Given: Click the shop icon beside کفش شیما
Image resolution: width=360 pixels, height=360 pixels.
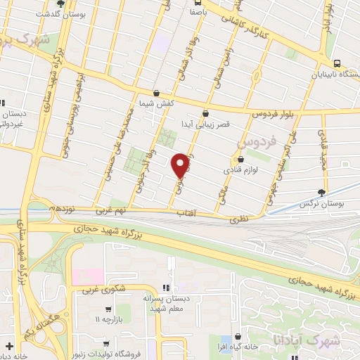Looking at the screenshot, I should point(156,93).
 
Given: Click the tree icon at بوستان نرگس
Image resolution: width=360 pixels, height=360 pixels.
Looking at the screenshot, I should point(322,191).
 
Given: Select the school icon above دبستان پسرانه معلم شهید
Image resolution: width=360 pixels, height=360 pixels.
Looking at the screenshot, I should point(167,287).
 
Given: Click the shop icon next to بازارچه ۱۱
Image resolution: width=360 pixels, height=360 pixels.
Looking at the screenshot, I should point(108,309).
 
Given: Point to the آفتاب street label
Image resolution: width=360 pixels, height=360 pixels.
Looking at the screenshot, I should point(186,212).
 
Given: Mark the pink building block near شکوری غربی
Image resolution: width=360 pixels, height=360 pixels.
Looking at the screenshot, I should point(86,276).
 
